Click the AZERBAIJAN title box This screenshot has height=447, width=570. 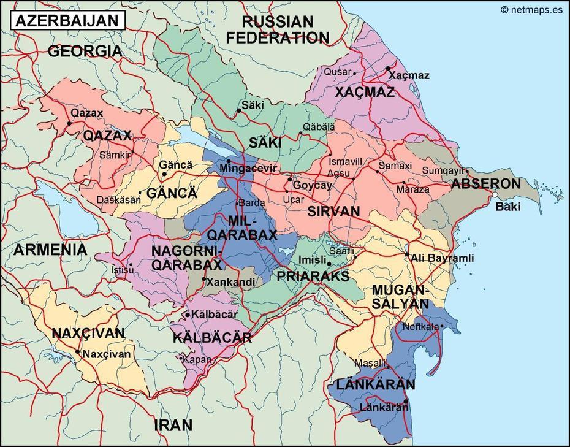[x=66, y=20]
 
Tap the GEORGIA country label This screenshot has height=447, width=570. [x=85, y=52]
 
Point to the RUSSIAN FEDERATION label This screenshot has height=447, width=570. [x=277, y=29]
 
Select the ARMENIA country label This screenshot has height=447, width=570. [x=50, y=250]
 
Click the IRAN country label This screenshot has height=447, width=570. [x=173, y=424]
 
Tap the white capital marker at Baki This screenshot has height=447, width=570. [x=495, y=194]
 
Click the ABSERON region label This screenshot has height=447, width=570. [x=485, y=183]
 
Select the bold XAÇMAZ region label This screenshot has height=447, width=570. [x=365, y=93]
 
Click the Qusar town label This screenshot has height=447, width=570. [x=338, y=72]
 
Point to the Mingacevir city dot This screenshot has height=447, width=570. [x=229, y=161]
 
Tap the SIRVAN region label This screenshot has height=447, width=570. [x=333, y=212]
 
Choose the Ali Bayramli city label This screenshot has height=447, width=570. [x=443, y=258]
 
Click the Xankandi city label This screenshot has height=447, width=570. [x=231, y=282]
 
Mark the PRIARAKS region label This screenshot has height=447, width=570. [x=313, y=276]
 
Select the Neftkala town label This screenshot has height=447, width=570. [x=420, y=327]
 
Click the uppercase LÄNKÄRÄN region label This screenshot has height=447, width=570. [x=371, y=384]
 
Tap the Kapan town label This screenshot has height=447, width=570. [x=197, y=359]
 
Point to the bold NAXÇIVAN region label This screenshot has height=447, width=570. [x=88, y=334]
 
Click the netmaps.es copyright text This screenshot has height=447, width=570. [x=531, y=9]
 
